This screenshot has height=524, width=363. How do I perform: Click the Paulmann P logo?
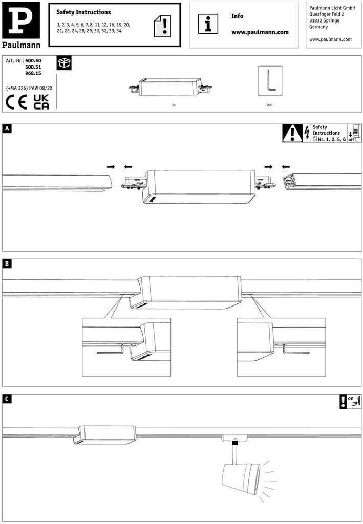click(20, 20)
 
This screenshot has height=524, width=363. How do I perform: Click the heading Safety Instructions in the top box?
click(83, 12)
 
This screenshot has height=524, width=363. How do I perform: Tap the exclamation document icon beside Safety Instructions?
click(162, 26)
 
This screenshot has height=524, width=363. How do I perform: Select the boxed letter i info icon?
click(208, 24)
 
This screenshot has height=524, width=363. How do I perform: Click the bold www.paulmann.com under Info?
click(260, 32)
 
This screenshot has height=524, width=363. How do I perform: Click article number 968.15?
click(33, 73)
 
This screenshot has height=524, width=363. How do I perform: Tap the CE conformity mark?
click(16, 102)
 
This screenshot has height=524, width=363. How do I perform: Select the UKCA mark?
click(41, 102)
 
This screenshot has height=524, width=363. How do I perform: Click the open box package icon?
click(64, 62)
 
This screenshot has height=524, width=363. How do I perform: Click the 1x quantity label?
click(174, 105)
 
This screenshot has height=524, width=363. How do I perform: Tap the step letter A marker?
click(7, 128)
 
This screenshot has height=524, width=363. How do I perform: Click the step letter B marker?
click(7, 264)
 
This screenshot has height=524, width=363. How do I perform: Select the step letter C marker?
click(7, 399)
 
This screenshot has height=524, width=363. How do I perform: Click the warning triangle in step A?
click(292, 133)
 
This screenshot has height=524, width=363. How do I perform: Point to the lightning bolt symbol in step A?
click(307, 133)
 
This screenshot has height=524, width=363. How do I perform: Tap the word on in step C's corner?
click(350, 398)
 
